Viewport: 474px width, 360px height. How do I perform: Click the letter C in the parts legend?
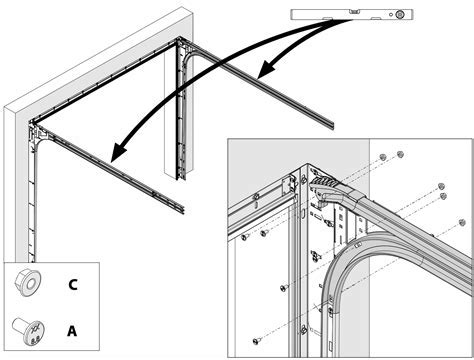[73, 284]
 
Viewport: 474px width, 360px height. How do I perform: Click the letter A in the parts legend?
[72, 331]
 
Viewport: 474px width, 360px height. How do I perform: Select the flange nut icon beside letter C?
[27, 283]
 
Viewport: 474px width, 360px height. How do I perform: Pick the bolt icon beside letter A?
[28, 331]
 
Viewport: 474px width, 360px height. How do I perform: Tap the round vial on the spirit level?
[399, 14]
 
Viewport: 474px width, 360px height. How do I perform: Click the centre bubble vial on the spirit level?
[355, 12]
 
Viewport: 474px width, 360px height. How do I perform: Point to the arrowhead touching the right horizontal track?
[268, 69]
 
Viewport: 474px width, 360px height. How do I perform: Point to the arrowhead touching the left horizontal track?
[120, 152]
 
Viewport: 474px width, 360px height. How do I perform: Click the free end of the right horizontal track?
[333, 124]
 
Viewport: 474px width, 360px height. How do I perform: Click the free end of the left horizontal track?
[183, 210]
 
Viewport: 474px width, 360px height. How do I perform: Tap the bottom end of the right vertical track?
[181, 177]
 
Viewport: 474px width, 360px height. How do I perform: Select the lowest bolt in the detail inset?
[256, 341]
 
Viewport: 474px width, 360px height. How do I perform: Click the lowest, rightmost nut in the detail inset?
[462, 222]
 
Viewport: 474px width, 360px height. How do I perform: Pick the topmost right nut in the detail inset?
[400, 154]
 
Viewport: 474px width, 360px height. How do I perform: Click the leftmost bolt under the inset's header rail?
[245, 236]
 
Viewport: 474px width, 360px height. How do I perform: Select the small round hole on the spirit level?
[391, 15]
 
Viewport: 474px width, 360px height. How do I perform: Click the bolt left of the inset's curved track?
[284, 287]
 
